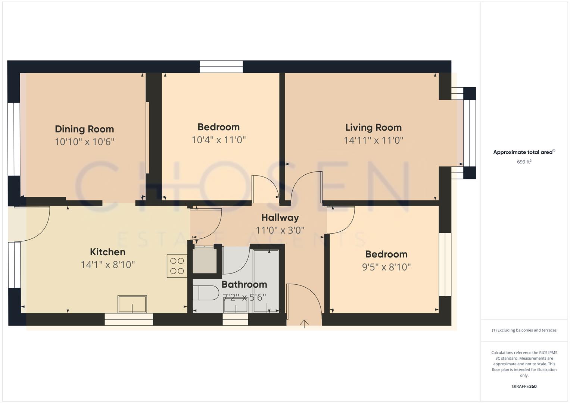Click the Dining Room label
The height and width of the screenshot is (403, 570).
click(84, 129)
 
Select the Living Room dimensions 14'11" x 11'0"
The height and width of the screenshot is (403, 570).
click(373, 140)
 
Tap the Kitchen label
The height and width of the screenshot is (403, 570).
click(108, 252)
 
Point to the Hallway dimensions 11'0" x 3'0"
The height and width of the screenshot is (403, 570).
click(280, 230)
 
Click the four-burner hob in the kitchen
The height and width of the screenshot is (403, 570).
click(177, 266)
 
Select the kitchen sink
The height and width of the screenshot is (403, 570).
click(132, 304)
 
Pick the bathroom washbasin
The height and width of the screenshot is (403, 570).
click(236, 306)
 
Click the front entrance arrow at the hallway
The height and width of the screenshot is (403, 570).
click(304, 324)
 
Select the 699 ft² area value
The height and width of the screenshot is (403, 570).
click(524, 162)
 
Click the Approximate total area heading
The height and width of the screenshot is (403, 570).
click(524, 152)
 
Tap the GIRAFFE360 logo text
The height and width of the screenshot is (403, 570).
click(524, 387)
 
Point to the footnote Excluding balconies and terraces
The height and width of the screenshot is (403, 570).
click(524, 330)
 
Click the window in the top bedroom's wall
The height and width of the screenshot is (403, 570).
click(221, 67)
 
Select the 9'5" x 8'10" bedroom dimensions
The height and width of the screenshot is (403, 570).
click(386, 267)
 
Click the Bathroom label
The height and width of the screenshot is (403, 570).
click(244, 284)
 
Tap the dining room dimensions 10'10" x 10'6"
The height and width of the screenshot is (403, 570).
click(84, 142)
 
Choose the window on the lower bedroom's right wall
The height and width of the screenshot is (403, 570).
click(445, 265)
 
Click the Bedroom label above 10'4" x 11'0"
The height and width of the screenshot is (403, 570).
click(218, 127)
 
